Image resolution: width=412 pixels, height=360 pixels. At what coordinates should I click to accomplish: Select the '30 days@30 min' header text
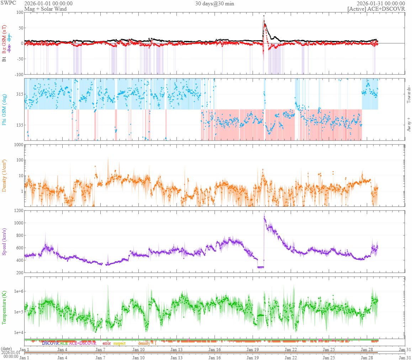215,4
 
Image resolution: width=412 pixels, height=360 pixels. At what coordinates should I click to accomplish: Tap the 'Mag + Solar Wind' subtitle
45,9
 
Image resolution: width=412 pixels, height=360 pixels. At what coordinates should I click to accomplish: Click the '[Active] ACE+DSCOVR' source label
376,9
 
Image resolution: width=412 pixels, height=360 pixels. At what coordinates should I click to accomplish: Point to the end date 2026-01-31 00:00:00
381,4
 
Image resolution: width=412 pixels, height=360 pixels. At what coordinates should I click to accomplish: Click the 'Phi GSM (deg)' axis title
4,110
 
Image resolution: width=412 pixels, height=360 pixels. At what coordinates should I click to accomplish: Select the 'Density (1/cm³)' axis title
4,176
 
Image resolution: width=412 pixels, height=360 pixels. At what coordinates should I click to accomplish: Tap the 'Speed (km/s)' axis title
4,242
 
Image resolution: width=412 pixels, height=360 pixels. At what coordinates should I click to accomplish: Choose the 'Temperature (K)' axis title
4,308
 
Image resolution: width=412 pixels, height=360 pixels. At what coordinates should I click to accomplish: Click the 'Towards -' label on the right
409,94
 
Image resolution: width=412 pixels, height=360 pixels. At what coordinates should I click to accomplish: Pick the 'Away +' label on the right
409,125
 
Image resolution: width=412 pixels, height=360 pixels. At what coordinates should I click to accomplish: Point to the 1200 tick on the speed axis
17,211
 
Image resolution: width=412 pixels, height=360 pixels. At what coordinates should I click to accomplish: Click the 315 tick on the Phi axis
19,94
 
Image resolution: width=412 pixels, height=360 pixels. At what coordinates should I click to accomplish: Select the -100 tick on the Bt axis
17,74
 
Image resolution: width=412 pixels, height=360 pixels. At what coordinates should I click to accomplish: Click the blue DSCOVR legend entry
50,343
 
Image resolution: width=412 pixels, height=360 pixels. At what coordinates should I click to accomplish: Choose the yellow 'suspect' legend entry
119,343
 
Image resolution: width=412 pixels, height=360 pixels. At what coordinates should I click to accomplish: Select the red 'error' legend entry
107,343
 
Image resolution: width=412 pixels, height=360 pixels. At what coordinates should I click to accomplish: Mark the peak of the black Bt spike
264,16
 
